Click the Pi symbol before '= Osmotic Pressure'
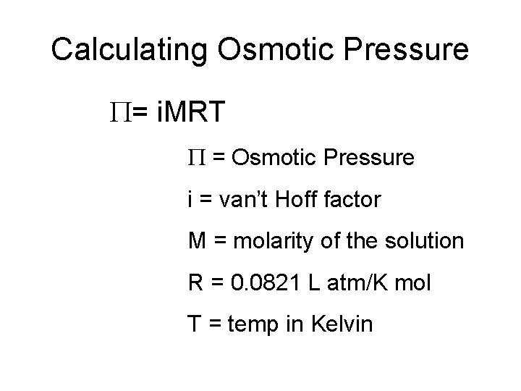[195, 157]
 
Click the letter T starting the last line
[194, 324]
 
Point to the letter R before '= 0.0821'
[195, 282]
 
